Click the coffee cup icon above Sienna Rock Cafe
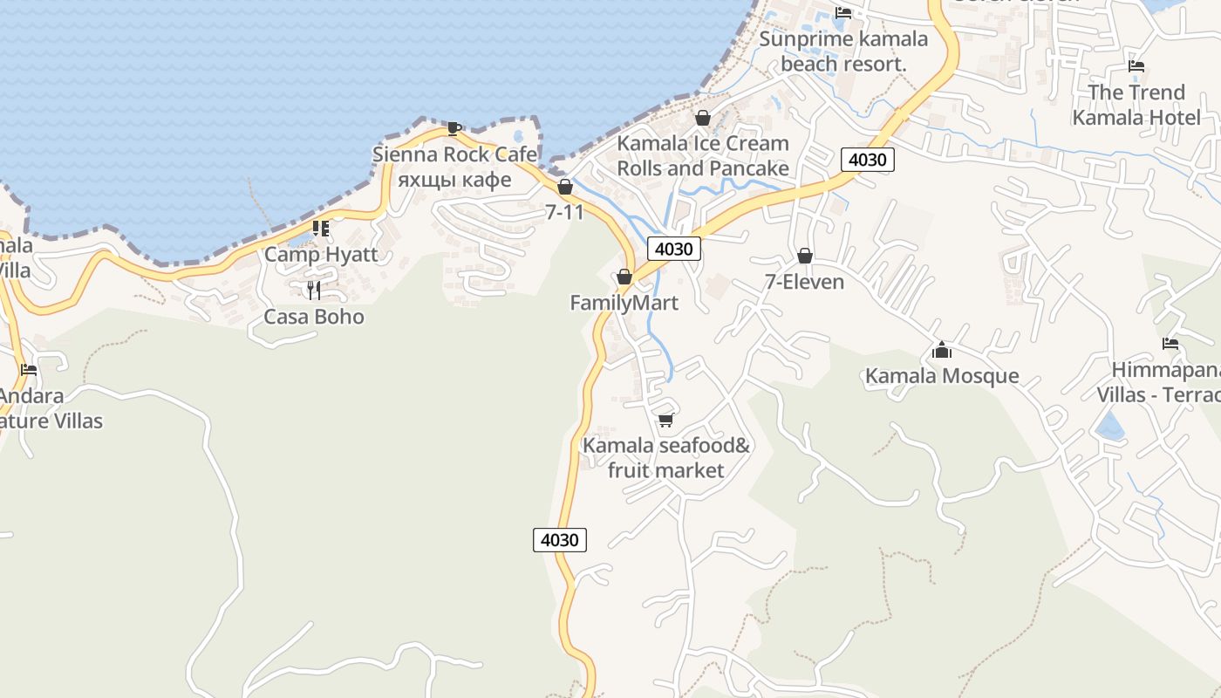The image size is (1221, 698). tap(454, 128)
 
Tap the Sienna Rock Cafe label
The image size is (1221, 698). tap(454, 154)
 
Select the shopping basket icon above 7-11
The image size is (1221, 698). tap(565, 187)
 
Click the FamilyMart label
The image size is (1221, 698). tap(624, 303)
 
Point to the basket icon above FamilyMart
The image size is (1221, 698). tap(624, 277)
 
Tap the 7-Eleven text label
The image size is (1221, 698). tap(804, 282)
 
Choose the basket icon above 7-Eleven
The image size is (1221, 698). tap(804, 256)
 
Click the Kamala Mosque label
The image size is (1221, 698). tap(941, 376)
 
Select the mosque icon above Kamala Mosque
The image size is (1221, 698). tap(941, 351)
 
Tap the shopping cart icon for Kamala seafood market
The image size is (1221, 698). tap(665, 421)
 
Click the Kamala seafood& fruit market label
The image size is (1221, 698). tap(665, 458)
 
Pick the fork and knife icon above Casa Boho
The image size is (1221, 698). tap(314, 290)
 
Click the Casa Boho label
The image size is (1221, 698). tap(314, 317)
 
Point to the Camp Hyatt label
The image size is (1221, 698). tap(321, 255)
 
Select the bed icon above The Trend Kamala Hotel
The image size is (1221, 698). tap(1136, 66)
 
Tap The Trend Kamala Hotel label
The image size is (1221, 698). tap(1136, 105)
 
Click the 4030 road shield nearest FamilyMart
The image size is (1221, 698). tap(674, 250)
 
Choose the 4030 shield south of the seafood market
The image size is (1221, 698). tap(559, 540)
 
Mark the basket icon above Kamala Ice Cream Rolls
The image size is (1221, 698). tap(703, 118)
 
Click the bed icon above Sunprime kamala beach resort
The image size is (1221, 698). tap(842, 13)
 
